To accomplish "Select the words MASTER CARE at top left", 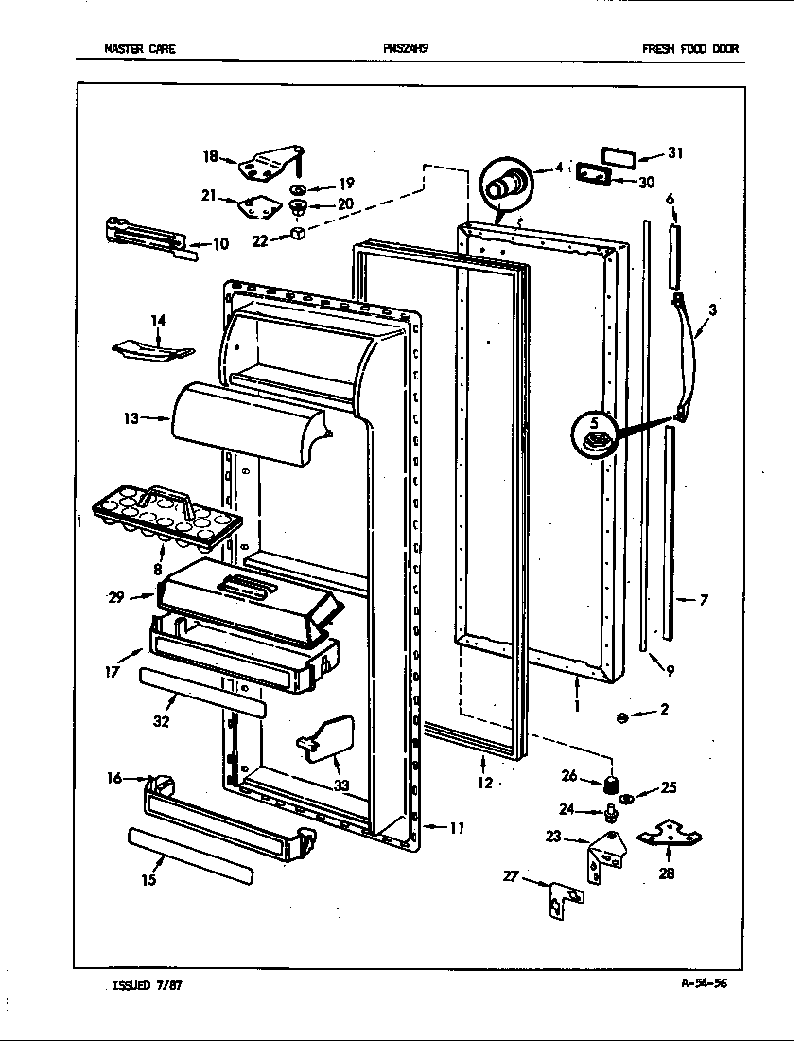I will [139, 49].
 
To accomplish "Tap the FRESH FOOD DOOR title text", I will [690, 49].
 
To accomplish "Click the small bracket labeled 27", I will [563, 900].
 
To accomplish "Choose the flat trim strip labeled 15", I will [189, 854].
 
